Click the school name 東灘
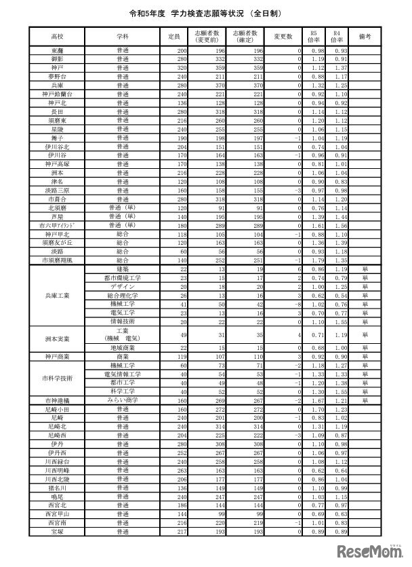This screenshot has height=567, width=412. [57, 52]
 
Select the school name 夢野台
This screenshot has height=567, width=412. [57, 77]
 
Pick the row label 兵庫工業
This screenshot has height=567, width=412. [57, 296]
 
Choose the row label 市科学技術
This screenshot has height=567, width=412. [57, 378]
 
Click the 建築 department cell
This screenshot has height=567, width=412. [123, 270]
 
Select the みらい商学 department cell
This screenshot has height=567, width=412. [123, 400]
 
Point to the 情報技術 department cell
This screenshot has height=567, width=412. [123, 321]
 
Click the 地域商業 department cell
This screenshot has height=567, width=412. [123, 347]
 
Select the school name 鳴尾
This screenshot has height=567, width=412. [57, 496]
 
